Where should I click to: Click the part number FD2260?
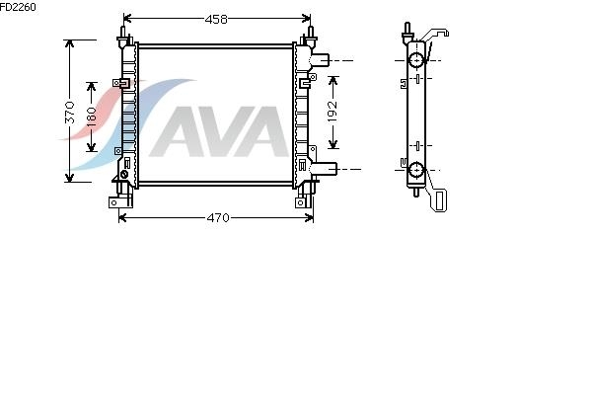(x=18, y=7)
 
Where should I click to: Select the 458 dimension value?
(x=216, y=20)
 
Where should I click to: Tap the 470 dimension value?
(x=218, y=217)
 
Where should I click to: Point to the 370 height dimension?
(x=70, y=112)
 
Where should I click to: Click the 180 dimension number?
(x=92, y=117)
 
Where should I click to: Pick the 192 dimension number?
(x=333, y=112)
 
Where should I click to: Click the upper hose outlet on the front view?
(x=320, y=59)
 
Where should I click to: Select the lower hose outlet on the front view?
(x=324, y=169)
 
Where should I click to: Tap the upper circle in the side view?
(x=416, y=60)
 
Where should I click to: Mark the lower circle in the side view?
(x=416, y=170)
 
